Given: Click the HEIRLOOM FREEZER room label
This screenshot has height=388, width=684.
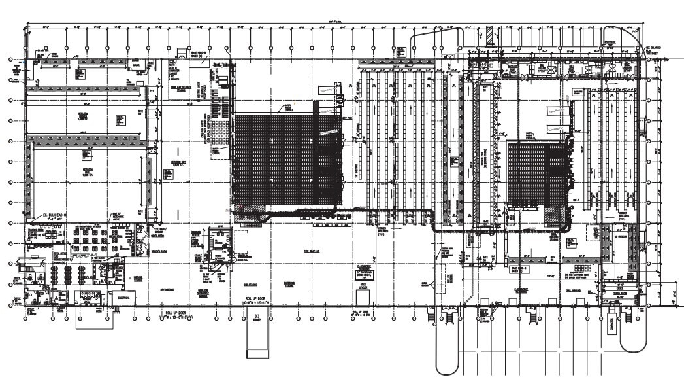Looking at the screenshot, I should (x=84, y=115).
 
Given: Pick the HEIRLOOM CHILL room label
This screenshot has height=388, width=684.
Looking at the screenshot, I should (x=85, y=168).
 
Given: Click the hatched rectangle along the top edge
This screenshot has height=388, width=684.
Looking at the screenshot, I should (x=488, y=33).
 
